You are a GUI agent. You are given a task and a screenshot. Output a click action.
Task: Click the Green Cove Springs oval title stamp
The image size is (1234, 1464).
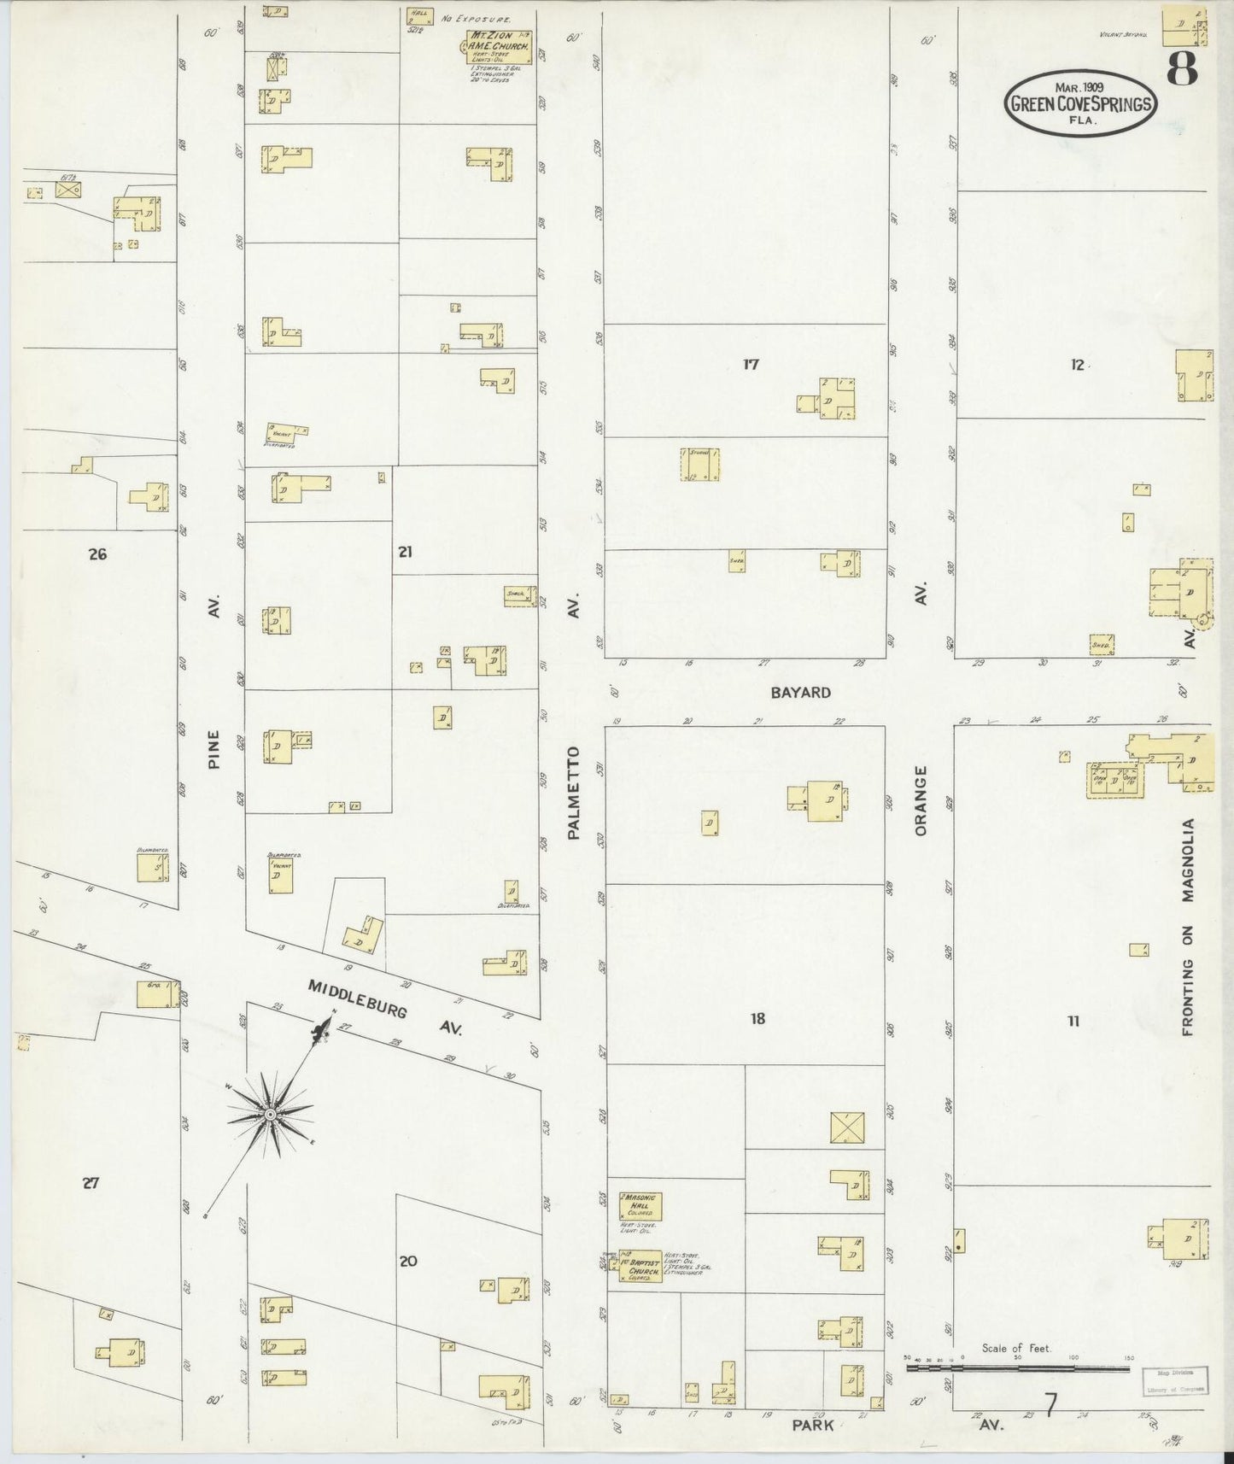(1080, 103)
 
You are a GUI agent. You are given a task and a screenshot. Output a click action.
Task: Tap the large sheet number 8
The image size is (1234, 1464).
(1182, 68)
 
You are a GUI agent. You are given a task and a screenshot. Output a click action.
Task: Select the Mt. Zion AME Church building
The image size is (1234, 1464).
(500, 48)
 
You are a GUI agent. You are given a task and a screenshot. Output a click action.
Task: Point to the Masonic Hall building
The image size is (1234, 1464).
(640, 1207)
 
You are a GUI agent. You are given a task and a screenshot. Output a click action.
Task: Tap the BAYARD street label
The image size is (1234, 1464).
(800, 693)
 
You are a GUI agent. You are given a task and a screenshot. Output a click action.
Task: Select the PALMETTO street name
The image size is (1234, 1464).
(574, 792)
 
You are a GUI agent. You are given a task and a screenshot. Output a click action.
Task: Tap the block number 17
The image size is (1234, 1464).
(751, 365)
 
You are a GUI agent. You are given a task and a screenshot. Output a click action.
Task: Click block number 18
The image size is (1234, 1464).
(757, 1018)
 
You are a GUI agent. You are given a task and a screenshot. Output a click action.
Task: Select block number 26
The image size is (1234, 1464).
(97, 554)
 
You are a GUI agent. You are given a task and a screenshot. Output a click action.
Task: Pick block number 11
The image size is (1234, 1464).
(1073, 1020)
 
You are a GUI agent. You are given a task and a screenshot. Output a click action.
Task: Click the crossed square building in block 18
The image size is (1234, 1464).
(849, 1128)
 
